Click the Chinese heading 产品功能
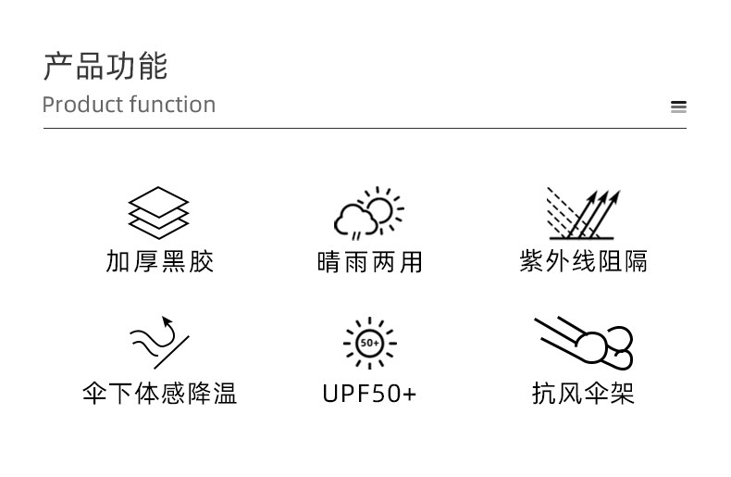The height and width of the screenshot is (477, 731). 105,67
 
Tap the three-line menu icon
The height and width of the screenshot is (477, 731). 678,107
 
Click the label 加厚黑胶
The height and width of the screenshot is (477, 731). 160,262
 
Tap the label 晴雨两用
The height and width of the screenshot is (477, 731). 369,263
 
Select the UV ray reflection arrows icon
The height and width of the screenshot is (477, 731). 583,214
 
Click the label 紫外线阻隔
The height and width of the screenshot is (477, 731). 583,262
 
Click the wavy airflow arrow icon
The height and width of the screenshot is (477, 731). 157,342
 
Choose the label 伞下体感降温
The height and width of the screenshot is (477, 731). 160,394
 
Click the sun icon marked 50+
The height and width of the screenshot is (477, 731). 369,343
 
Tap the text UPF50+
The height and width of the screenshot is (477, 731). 369,394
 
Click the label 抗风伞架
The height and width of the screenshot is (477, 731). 583,394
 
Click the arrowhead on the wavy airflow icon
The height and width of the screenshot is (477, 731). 167,322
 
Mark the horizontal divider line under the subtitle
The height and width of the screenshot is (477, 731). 365,128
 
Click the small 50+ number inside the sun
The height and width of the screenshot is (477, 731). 369,344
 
